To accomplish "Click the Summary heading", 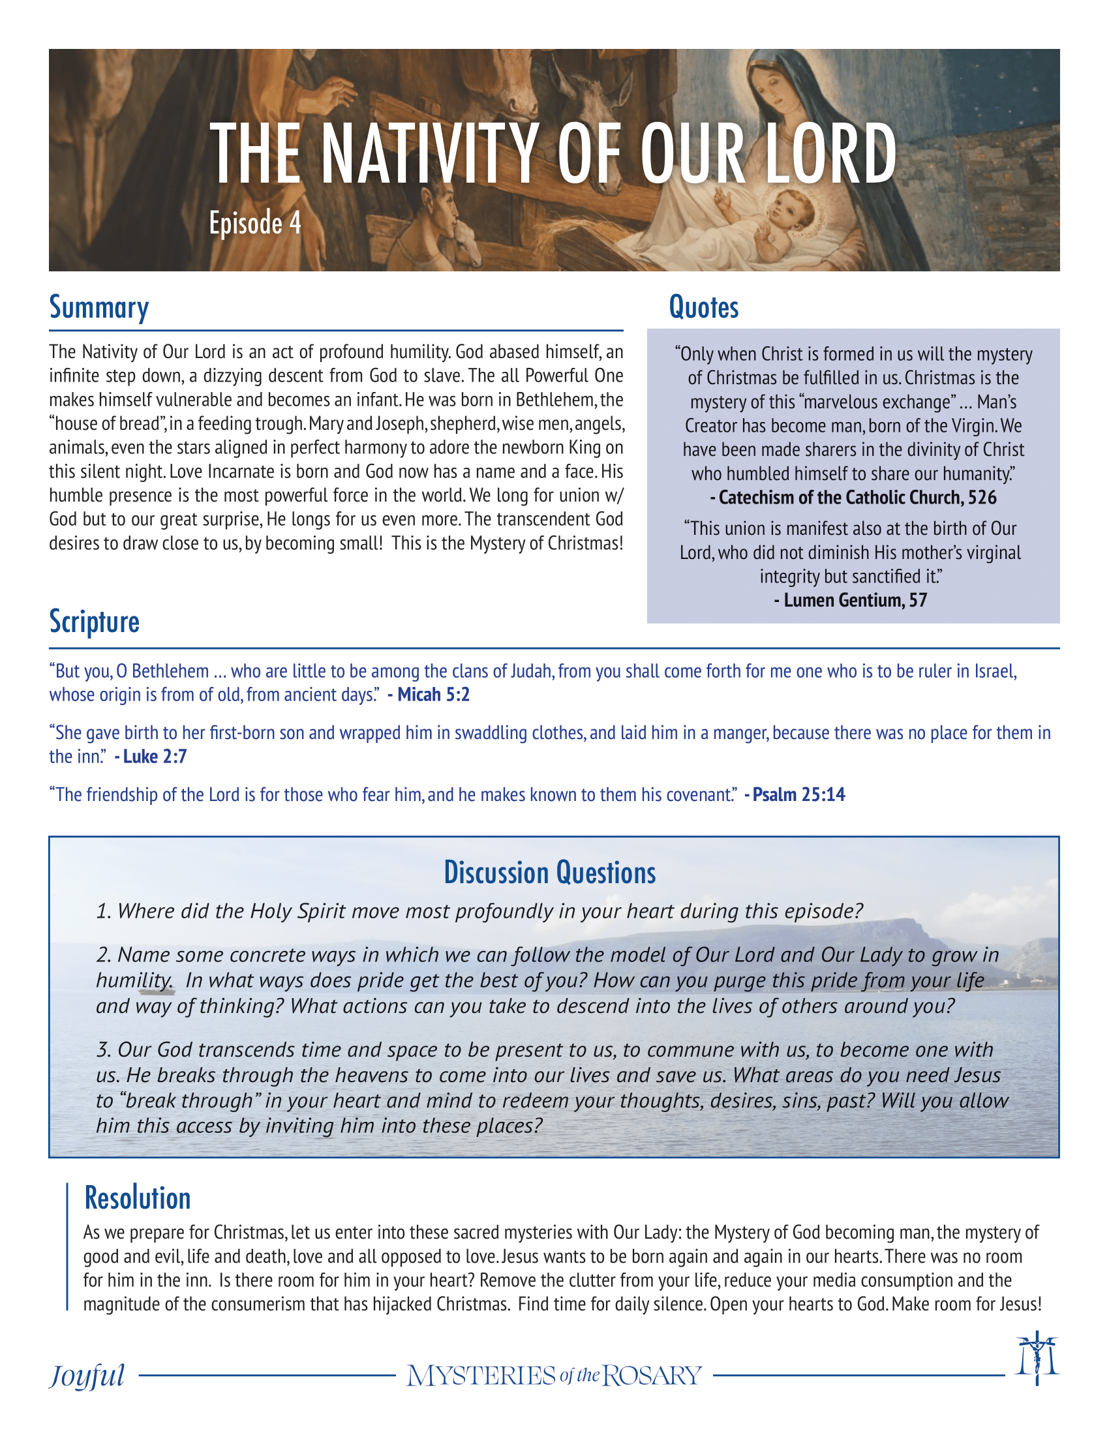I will coord(99,307).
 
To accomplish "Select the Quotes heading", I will coord(703,307).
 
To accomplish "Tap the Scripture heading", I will coord(95,622).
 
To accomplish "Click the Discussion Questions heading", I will coord(550,873).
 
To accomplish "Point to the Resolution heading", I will coord(137,1198).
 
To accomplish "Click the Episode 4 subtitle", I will coord(255,223).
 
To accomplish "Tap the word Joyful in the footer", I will coord(87,1374).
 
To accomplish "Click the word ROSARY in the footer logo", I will coord(652,1374).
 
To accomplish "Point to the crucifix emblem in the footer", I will coord(1037,1358).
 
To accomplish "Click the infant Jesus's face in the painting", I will coord(793,210).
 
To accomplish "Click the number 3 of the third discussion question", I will coord(103,1050).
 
